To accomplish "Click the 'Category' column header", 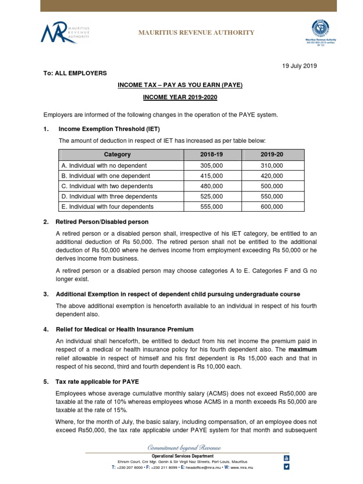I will pos(117,155).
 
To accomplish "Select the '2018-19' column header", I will pos(211,155).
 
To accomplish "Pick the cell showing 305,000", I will pos(211,165).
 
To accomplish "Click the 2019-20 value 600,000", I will pos(272,207).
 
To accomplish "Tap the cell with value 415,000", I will pos(211,176).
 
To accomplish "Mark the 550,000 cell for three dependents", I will pos(272,196).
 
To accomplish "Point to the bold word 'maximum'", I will pos(302,349).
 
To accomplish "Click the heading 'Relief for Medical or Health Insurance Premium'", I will pos(126,329).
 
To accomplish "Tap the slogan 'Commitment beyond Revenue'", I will pos(184,447).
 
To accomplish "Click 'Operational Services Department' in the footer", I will pos(181,456).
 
